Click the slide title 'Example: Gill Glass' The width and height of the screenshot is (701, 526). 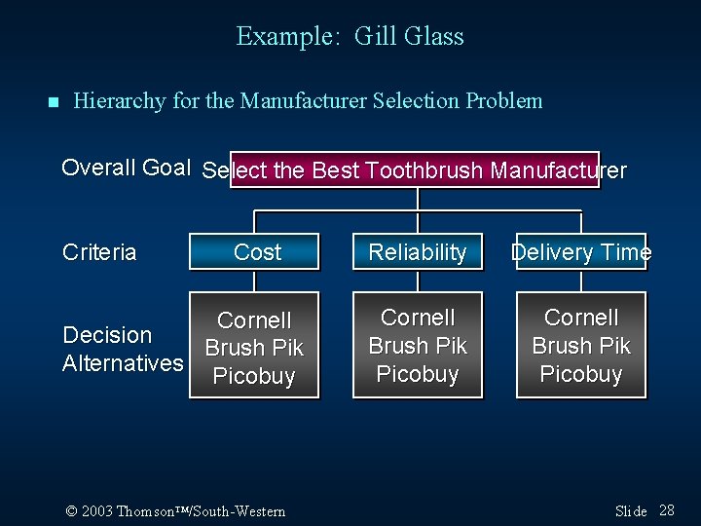350,37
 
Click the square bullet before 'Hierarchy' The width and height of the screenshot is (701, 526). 53,102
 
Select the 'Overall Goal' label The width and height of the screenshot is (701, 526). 126,168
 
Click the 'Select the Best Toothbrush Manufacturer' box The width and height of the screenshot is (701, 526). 415,170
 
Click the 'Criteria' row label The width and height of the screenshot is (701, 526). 99,253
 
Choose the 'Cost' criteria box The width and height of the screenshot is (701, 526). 256,252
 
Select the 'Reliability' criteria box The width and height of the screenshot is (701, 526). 418,252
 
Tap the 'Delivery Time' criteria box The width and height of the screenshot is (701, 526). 581,252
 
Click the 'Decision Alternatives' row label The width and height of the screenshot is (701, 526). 122,349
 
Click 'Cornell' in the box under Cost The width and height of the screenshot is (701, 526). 254,320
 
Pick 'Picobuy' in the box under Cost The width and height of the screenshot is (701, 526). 254,376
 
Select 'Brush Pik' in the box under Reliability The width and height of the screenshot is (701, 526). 418,346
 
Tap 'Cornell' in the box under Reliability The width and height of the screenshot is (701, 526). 418,318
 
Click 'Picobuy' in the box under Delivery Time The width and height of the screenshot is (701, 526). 581,374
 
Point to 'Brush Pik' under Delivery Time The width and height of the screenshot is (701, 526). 581,346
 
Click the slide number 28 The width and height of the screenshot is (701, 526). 667,510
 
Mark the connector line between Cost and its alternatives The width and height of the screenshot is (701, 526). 254,281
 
